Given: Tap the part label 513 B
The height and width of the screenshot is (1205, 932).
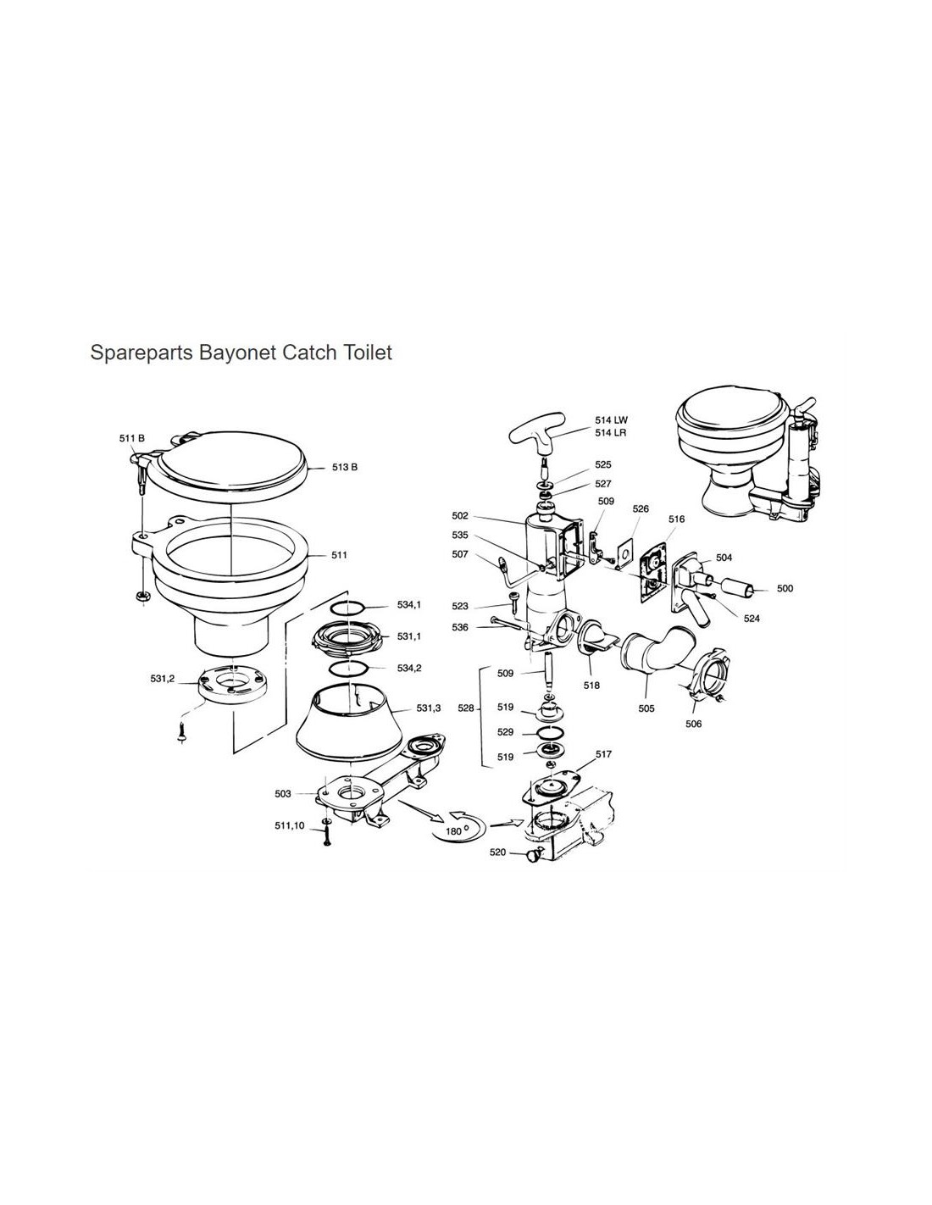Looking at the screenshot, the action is [x=344, y=467].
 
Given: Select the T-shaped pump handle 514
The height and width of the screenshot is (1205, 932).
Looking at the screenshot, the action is [x=536, y=434].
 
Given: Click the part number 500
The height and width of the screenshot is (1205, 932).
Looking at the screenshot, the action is [x=785, y=588].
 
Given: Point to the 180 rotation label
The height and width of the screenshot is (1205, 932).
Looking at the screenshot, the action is [x=453, y=831].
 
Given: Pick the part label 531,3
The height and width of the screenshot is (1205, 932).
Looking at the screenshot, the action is [x=429, y=708].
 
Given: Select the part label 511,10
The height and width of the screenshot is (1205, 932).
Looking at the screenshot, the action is [x=290, y=825].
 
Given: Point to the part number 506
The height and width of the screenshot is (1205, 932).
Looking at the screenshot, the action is [x=693, y=724].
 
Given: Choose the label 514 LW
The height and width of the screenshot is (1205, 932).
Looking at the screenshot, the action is [x=611, y=420].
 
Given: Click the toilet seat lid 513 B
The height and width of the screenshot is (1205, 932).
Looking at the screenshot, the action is [x=230, y=466].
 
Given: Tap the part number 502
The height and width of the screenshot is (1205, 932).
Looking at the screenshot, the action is [x=459, y=516].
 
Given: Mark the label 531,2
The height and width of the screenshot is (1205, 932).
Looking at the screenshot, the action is [x=163, y=678].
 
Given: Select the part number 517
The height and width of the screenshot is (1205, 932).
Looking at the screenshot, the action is [x=603, y=754].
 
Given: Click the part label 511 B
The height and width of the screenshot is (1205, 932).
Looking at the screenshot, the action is [x=132, y=438].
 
